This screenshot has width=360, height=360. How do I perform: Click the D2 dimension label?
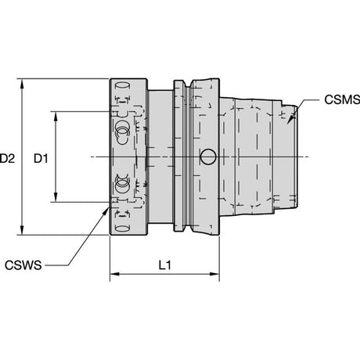click(7, 158)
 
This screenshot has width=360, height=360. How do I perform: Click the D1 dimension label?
click(41, 158)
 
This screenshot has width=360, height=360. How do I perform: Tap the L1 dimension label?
click(165, 265)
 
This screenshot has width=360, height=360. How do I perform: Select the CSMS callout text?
click(342, 99)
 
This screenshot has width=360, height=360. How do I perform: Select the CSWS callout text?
click(23, 265)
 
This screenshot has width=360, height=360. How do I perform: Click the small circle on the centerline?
click(208, 157)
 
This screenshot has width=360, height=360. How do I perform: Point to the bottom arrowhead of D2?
click(22, 229)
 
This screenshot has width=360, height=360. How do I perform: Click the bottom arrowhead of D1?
click(56, 196)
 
